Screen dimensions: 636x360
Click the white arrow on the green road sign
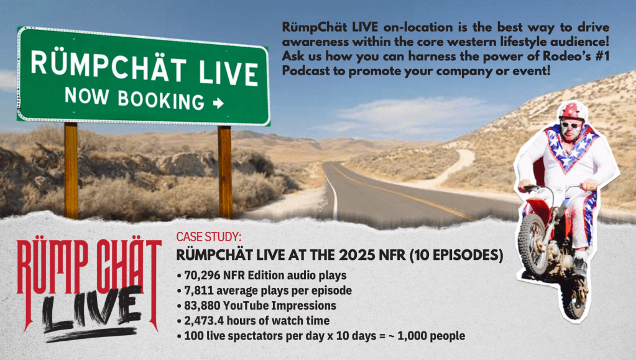(219, 103)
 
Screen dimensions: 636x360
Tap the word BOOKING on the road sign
(161, 100)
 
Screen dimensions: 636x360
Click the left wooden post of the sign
(71, 170)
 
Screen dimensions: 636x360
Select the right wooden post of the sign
(224, 172)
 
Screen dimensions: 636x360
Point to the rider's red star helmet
(572, 111)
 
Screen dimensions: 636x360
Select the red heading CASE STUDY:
(209, 237)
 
